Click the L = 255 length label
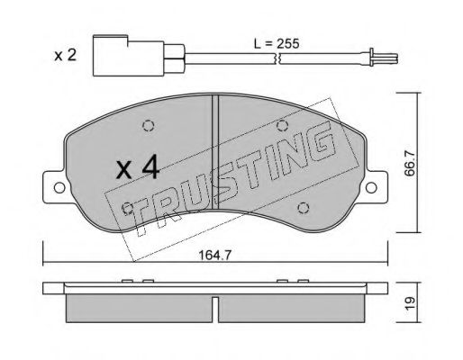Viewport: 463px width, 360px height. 277,44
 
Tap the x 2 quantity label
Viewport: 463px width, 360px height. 65,56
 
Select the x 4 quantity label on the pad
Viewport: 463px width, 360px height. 138,169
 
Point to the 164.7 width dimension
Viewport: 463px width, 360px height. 215,256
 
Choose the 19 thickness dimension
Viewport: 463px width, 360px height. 410,302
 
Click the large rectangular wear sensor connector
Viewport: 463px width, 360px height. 129,56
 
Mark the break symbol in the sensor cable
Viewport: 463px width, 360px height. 277,58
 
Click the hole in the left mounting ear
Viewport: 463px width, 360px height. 59,188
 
